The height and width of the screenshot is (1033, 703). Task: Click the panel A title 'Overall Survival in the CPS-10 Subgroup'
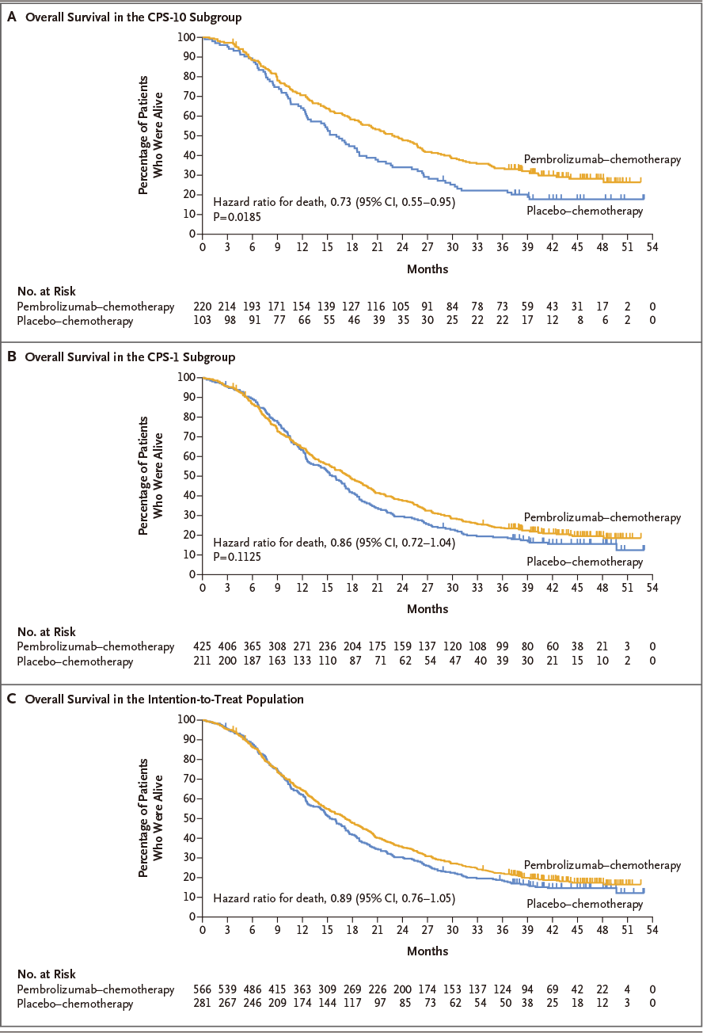[133, 17]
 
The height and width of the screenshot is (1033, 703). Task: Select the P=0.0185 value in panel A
[237, 216]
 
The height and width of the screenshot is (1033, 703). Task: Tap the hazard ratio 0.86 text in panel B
[334, 543]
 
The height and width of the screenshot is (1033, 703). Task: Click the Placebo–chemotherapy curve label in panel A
[584, 211]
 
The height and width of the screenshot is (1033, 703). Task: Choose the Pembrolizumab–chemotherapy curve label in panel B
[602, 517]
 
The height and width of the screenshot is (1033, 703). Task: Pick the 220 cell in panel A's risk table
[203, 307]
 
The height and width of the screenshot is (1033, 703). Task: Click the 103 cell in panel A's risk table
[203, 320]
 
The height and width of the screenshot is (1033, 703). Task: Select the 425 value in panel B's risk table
[203, 646]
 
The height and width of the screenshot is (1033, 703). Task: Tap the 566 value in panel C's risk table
[203, 989]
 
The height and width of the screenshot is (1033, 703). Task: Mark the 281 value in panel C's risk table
[203, 1003]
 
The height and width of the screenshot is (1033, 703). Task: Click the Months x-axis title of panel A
[427, 269]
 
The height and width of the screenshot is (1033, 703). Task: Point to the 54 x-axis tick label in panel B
[652, 588]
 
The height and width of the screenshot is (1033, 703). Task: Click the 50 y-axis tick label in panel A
[189, 135]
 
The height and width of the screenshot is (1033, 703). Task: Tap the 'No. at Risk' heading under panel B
[47, 632]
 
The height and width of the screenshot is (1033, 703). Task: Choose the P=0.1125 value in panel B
[237, 557]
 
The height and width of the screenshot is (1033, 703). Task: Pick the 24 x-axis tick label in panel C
[402, 930]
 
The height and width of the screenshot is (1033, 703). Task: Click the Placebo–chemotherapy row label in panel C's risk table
[75, 1004]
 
